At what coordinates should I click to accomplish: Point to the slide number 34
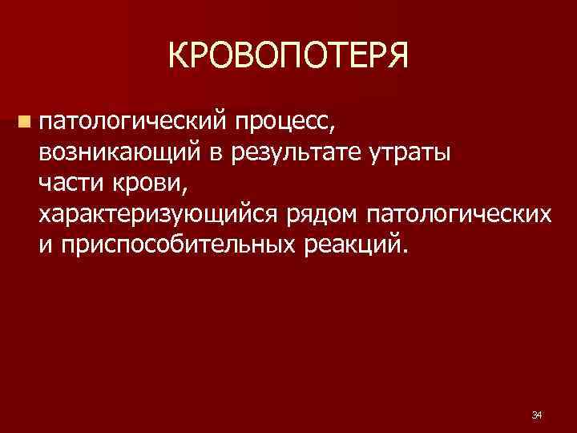coord(537,415)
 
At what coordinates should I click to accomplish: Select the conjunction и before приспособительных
coord(42,245)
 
